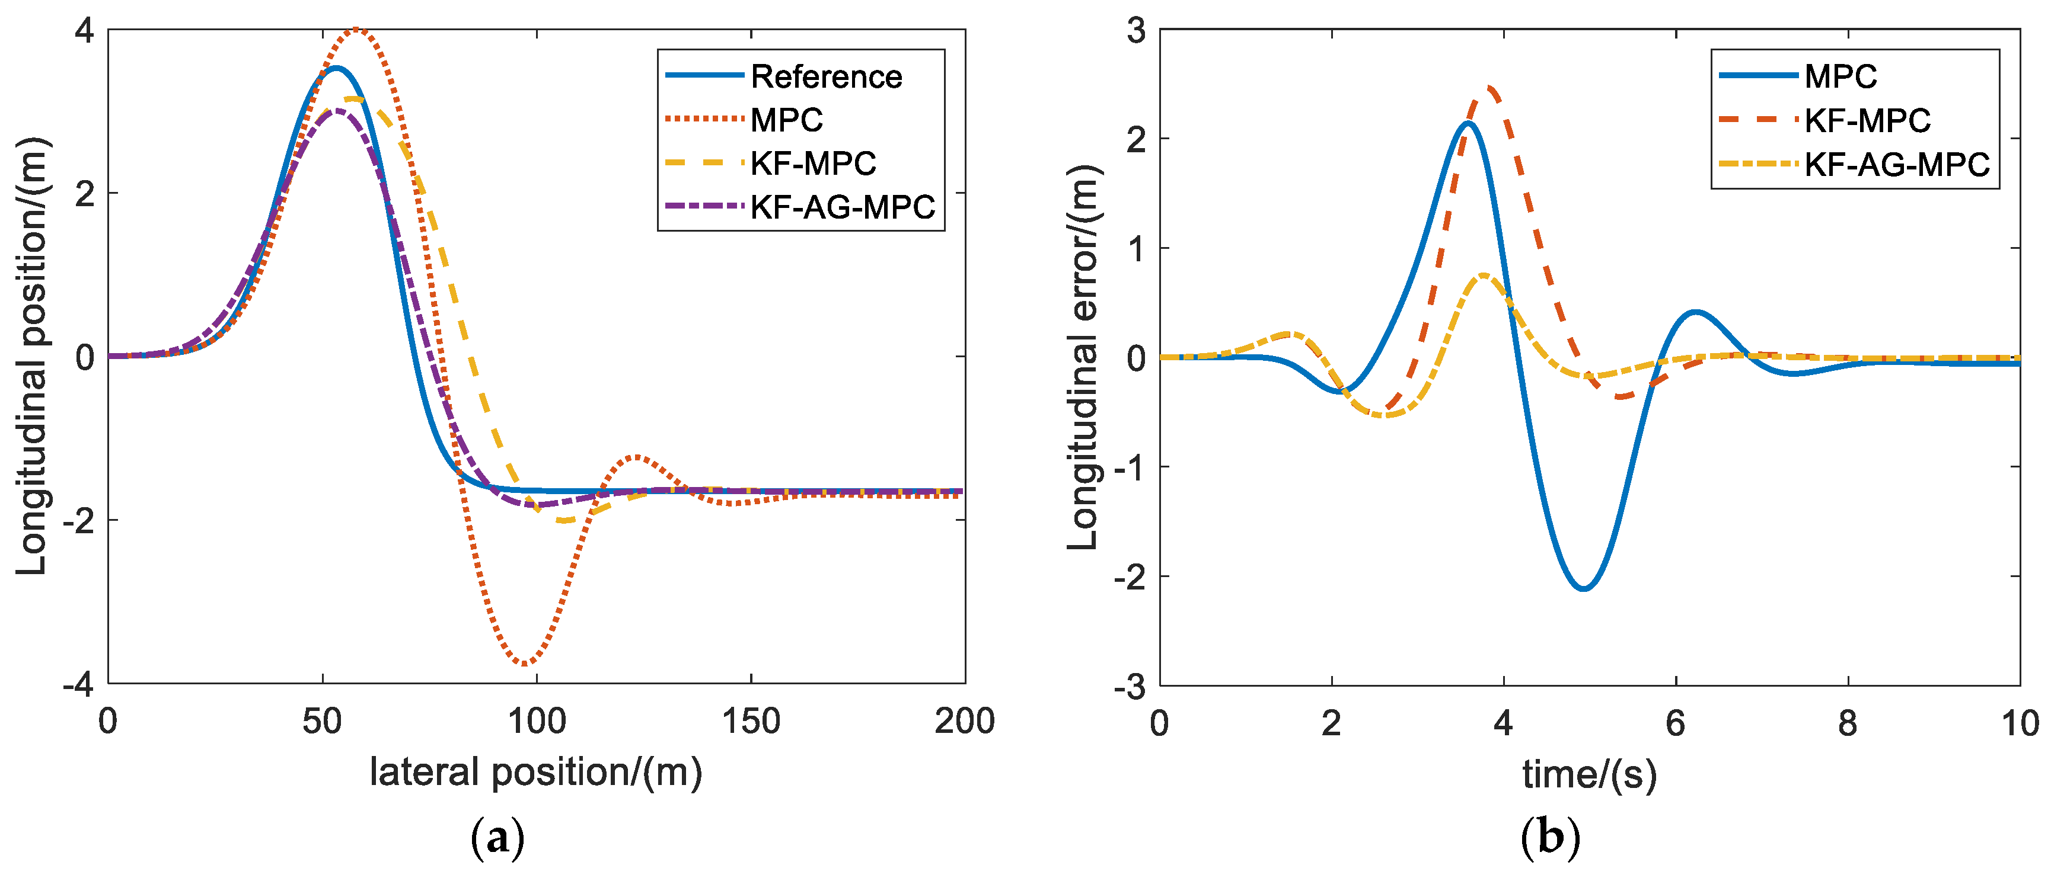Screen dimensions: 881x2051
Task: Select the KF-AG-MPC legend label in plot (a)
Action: tap(843, 207)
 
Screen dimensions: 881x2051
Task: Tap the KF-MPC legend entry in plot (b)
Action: tap(1867, 120)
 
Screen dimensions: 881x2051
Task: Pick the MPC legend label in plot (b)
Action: tap(1840, 76)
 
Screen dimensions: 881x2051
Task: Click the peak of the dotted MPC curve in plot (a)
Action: tap(356, 30)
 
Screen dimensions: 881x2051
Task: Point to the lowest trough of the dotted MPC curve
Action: tap(525, 663)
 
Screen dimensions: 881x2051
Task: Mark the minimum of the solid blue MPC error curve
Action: tap(1584, 588)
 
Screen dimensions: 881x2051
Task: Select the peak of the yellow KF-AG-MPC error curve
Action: tap(1484, 275)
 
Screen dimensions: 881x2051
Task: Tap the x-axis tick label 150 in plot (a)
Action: tap(750, 722)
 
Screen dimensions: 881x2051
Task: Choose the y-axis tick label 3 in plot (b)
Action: tap(1136, 32)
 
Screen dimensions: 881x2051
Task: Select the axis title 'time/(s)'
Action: tap(1589, 774)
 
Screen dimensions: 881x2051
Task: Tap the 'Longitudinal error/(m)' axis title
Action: tap(1083, 357)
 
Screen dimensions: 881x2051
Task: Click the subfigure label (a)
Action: tap(497, 838)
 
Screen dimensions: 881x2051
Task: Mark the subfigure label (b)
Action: tap(1549, 838)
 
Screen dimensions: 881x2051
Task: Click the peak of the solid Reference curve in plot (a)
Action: tap(336, 69)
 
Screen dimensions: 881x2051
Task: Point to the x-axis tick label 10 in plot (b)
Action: tap(2019, 723)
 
